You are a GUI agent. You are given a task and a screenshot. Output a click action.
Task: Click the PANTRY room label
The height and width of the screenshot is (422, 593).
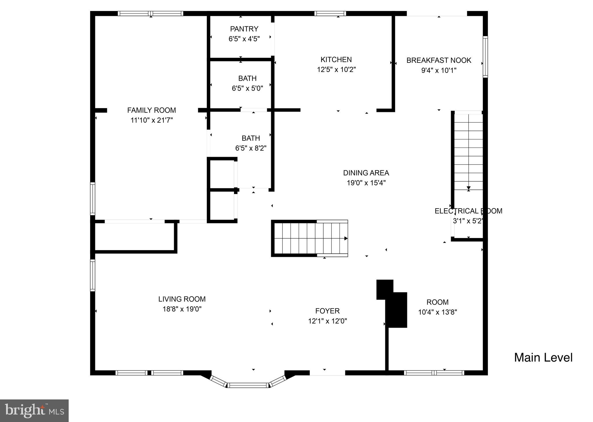pyautogui.click(x=244, y=29)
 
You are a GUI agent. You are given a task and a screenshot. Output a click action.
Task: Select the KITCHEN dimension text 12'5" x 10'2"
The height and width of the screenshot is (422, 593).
pyautogui.click(x=336, y=70)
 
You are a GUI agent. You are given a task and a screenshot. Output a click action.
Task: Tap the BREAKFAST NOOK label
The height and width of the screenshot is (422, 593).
pyautogui.click(x=439, y=60)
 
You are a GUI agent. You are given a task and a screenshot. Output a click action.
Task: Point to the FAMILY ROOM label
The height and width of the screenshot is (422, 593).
pyautogui.click(x=152, y=110)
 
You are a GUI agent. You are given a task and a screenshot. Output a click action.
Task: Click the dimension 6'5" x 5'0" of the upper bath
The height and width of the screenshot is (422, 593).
pyautogui.click(x=247, y=89)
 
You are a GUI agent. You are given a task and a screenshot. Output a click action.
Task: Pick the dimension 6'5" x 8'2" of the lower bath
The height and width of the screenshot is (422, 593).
pyautogui.click(x=251, y=148)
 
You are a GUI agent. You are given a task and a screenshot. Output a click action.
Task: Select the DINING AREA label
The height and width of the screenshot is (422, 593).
pyautogui.click(x=366, y=173)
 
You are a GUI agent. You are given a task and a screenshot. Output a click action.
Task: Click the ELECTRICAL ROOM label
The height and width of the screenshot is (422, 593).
pyautogui.click(x=468, y=211)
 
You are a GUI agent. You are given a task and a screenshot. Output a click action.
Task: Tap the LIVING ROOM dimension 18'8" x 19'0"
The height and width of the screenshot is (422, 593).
pyautogui.click(x=182, y=309)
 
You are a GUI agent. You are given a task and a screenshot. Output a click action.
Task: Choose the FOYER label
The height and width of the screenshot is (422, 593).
pyautogui.click(x=327, y=311)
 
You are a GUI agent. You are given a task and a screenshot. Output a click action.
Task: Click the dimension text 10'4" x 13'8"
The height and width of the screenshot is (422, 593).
pyautogui.click(x=437, y=312)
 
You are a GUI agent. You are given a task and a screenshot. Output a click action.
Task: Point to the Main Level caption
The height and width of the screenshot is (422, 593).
pyautogui.click(x=543, y=358)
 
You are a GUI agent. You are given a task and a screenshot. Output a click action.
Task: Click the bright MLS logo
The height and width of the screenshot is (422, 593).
pyautogui.click(x=34, y=411)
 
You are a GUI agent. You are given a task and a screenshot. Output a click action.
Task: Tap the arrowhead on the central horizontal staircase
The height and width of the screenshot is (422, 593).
pyautogui.click(x=346, y=238)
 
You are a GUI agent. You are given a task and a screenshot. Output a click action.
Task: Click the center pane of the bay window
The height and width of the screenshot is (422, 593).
pyautogui.click(x=248, y=385)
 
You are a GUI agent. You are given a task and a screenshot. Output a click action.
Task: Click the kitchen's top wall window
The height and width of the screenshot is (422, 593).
pyautogui.click(x=330, y=13)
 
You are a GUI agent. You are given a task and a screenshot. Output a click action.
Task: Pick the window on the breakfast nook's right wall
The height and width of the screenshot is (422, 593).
pyautogui.click(x=485, y=57)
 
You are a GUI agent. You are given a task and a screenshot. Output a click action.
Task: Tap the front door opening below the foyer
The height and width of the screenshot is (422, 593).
pyautogui.click(x=327, y=373)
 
